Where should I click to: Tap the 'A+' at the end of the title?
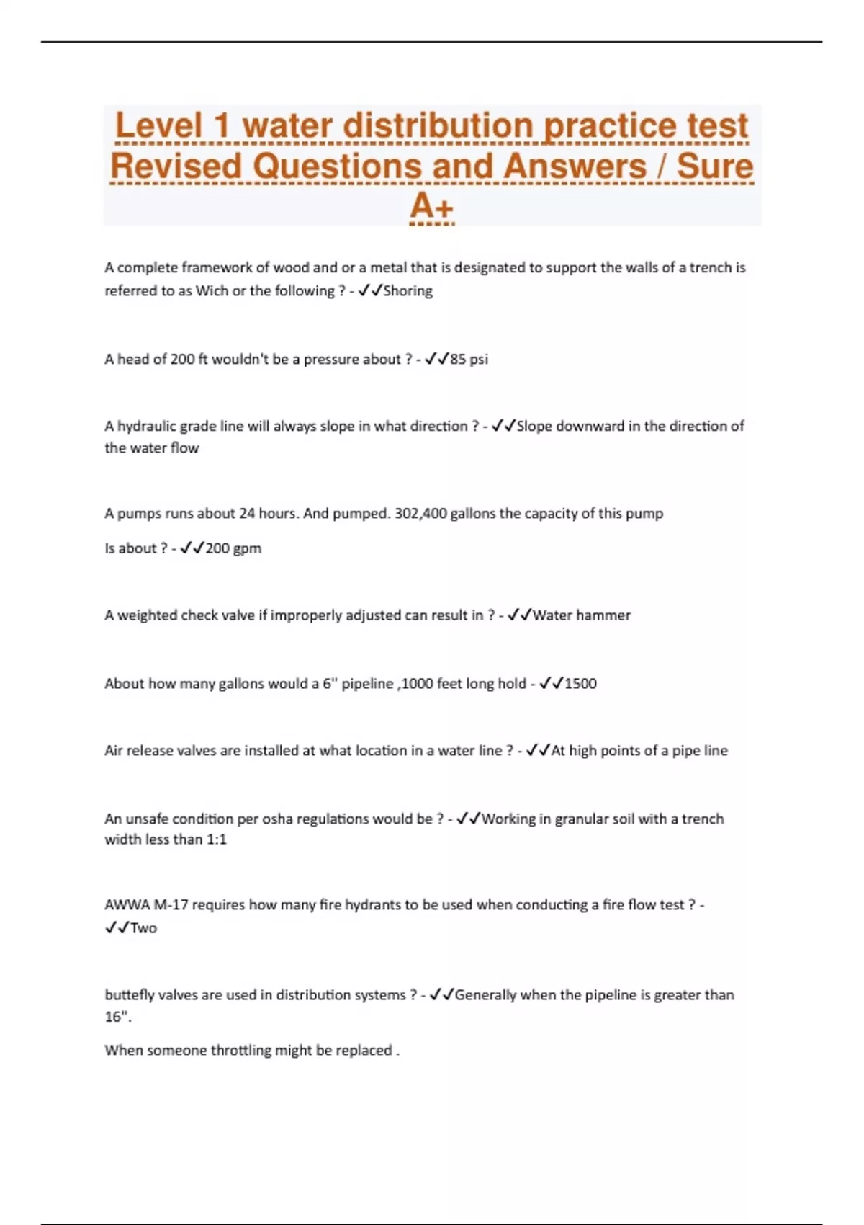point(431,207)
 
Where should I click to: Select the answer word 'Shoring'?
point(408,291)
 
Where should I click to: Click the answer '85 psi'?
point(469,359)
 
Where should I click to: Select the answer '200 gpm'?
point(233,548)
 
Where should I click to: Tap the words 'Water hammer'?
point(581,615)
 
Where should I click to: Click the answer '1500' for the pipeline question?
point(580,683)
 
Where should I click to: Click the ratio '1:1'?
point(216,839)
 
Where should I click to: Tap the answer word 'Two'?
point(143,928)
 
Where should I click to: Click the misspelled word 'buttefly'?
point(130,995)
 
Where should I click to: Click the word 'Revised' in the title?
point(176,166)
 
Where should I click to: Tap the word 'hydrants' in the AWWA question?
point(374,905)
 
